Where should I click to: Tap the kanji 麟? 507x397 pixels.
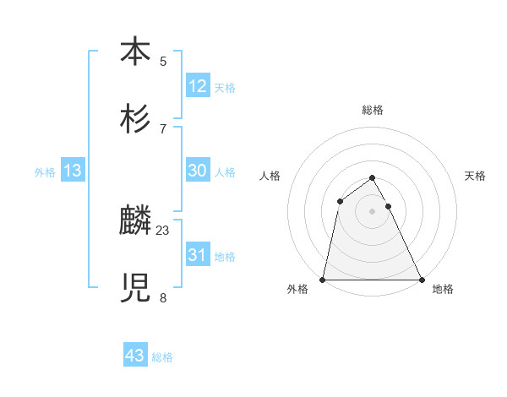[135, 221]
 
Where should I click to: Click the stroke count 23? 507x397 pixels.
[163, 230]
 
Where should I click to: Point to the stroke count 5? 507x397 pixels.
[163, 61]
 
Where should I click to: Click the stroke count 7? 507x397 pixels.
[163, 128]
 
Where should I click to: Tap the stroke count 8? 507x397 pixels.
[163, 297]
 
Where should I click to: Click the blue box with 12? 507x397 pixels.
[198, 86]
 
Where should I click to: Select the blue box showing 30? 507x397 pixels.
[198, 171]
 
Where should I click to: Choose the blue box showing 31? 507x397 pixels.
[198, 255]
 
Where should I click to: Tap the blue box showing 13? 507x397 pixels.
[73, 171]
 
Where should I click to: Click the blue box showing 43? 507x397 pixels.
[135, 356]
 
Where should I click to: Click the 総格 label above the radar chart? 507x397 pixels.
[373, 110]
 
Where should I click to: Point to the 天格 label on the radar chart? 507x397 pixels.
[476, 176]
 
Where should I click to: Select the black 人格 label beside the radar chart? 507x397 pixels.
[270, 176]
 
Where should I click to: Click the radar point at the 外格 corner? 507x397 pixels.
[324, 279]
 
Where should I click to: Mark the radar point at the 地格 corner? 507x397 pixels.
[421, 279]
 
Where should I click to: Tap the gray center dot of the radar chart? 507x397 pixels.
[373, 211]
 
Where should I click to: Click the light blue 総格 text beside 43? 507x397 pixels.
[162, 357]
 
